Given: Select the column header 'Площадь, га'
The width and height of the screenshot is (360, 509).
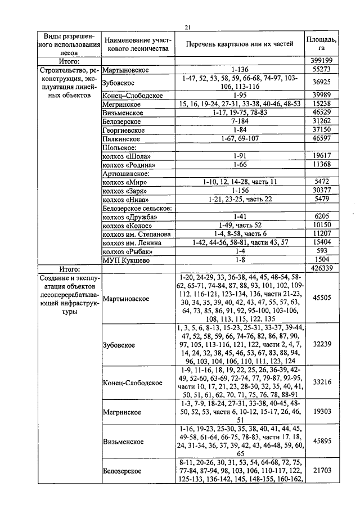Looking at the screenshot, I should pyautogui.click(x=322, y=44).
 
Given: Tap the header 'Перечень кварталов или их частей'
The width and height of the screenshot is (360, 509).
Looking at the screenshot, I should pyautogui.click(x=240, y=44).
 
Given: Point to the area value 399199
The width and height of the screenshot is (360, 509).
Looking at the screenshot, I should pyautogui.click(x=322, y=61).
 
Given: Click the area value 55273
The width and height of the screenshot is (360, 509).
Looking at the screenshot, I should pyautogui.click(x=322, y=69).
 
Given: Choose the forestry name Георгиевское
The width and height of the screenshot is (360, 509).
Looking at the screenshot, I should pyautogui.click(x=124, y=130).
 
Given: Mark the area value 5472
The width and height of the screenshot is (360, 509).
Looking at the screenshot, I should pyautogui.click(x=322, y=182).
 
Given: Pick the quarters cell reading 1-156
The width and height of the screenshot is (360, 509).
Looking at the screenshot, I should pyautogui.click(x=240, y=191).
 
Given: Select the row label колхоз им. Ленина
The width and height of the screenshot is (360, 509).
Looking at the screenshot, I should pyautogui.click(x=132, y=242).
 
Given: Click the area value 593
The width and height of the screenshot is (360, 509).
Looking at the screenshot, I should pyautogui.click(x=322, y=251).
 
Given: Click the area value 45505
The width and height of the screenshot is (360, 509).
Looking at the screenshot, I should pyautogui.click(x=322, y=298).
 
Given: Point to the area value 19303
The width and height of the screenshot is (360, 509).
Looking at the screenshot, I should pyautogui.click(x=322, y=412).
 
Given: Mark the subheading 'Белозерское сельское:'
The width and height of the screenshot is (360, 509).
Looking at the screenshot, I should pyautogui.click(x=136, y=208).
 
